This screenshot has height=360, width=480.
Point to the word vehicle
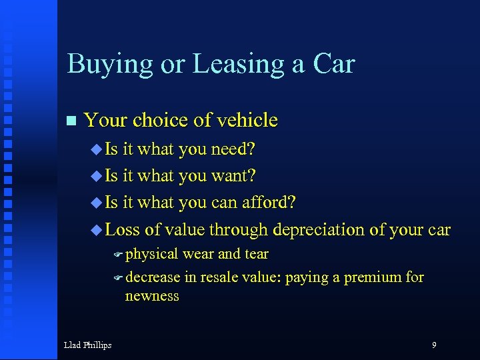point(245,120)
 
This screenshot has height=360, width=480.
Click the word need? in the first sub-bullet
point(235,149)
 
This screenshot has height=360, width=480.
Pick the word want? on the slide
point(234,176)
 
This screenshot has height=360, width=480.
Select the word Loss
point(123,229)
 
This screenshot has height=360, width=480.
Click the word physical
point(152,254)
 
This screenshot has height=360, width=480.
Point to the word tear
point(257,254)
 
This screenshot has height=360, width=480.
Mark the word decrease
point(153,277)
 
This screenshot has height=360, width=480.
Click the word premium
point(373,277)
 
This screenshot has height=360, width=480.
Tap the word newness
point(152,295)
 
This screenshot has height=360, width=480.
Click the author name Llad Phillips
point(87,345)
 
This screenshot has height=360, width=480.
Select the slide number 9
point(434,345)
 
